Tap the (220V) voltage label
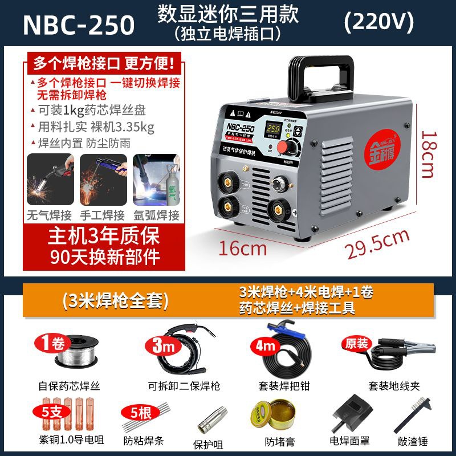tap(379, 22)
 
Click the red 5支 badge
tap(44, 410)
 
